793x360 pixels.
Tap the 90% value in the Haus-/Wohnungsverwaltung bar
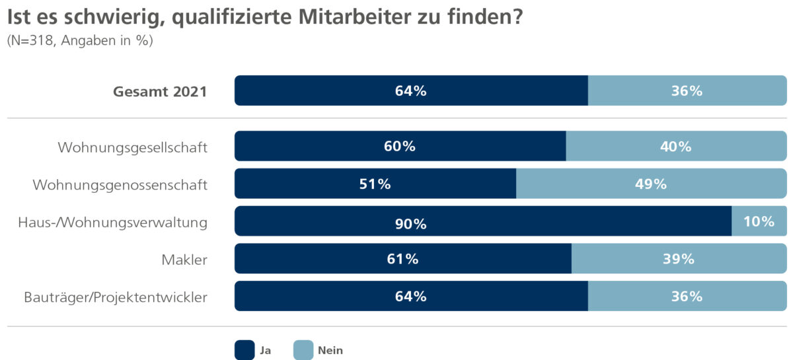(x=410, y=224)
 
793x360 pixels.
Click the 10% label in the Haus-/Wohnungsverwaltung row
(x=758, y=221)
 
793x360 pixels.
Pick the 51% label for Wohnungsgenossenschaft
(x=375, y=184)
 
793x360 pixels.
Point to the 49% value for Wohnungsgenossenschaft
(x=651, y=184)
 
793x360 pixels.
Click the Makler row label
(x=184, y=260)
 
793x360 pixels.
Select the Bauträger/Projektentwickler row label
(x=116, y=297)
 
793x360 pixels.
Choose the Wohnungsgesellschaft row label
(x=133, y=147)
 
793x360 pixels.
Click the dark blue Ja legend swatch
(x=244, y=350)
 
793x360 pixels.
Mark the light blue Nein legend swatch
(x=303, y=350)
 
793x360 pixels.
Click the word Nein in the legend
(x=330, y=350)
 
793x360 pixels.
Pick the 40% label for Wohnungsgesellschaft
(x=675, y=147)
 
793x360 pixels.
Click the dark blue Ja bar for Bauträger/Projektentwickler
(x=330, y=297)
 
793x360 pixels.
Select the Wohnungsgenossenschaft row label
(x=120, y=185)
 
